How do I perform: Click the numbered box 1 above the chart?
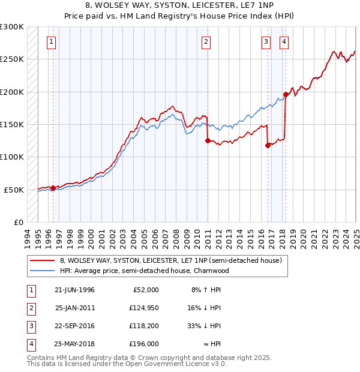(x=52, y=42)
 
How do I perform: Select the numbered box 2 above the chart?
(x=206, y=42)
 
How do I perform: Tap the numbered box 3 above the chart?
(x=266, y=42)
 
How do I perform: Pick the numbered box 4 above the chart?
(x=283, y=42)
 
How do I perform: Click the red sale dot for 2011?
(x=208, y=141)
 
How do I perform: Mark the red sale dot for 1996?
(x=53, y=188)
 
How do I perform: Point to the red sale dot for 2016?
(x=268, y=145)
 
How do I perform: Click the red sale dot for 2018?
(x=286, y=95)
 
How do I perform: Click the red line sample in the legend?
(x=43, y=261)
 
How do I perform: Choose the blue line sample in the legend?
(x=43, y=271)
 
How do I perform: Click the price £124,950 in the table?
(x=143, y=308)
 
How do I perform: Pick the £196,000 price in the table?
(x=143, y=344)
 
